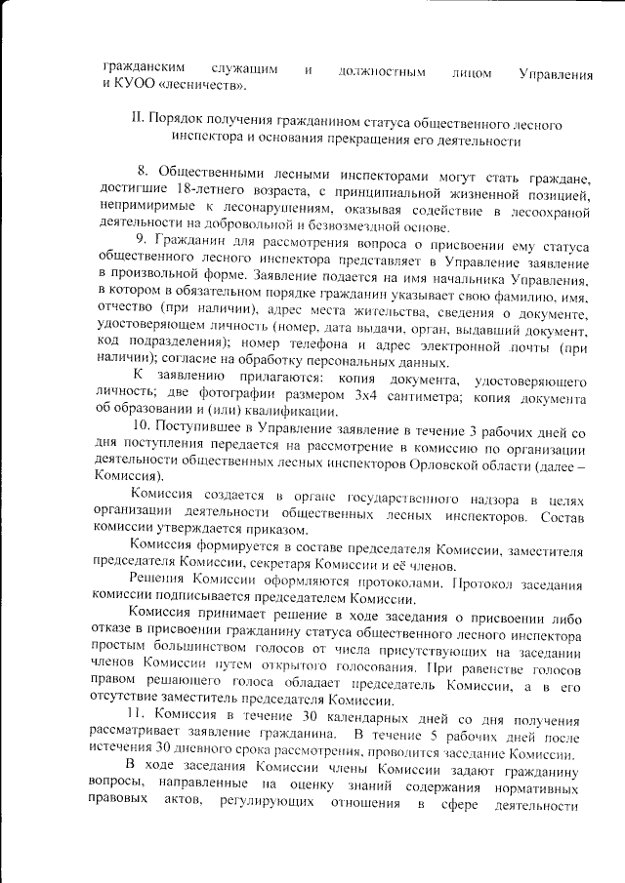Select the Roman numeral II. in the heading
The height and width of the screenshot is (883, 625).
click(138, 126)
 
